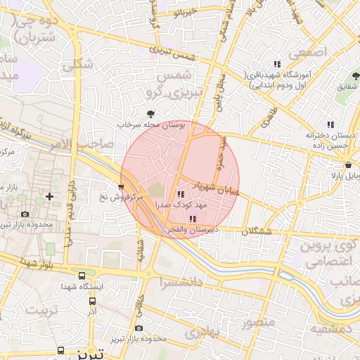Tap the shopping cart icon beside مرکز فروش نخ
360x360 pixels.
point(122,187)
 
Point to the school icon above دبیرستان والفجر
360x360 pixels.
point(193,219)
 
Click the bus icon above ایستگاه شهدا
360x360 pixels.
point(82,276)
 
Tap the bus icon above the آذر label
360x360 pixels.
point(92,301)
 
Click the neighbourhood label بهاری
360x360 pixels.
point(205,330)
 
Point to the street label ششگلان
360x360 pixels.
point(257,231)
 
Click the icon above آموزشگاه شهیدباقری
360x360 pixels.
point(277,65)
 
